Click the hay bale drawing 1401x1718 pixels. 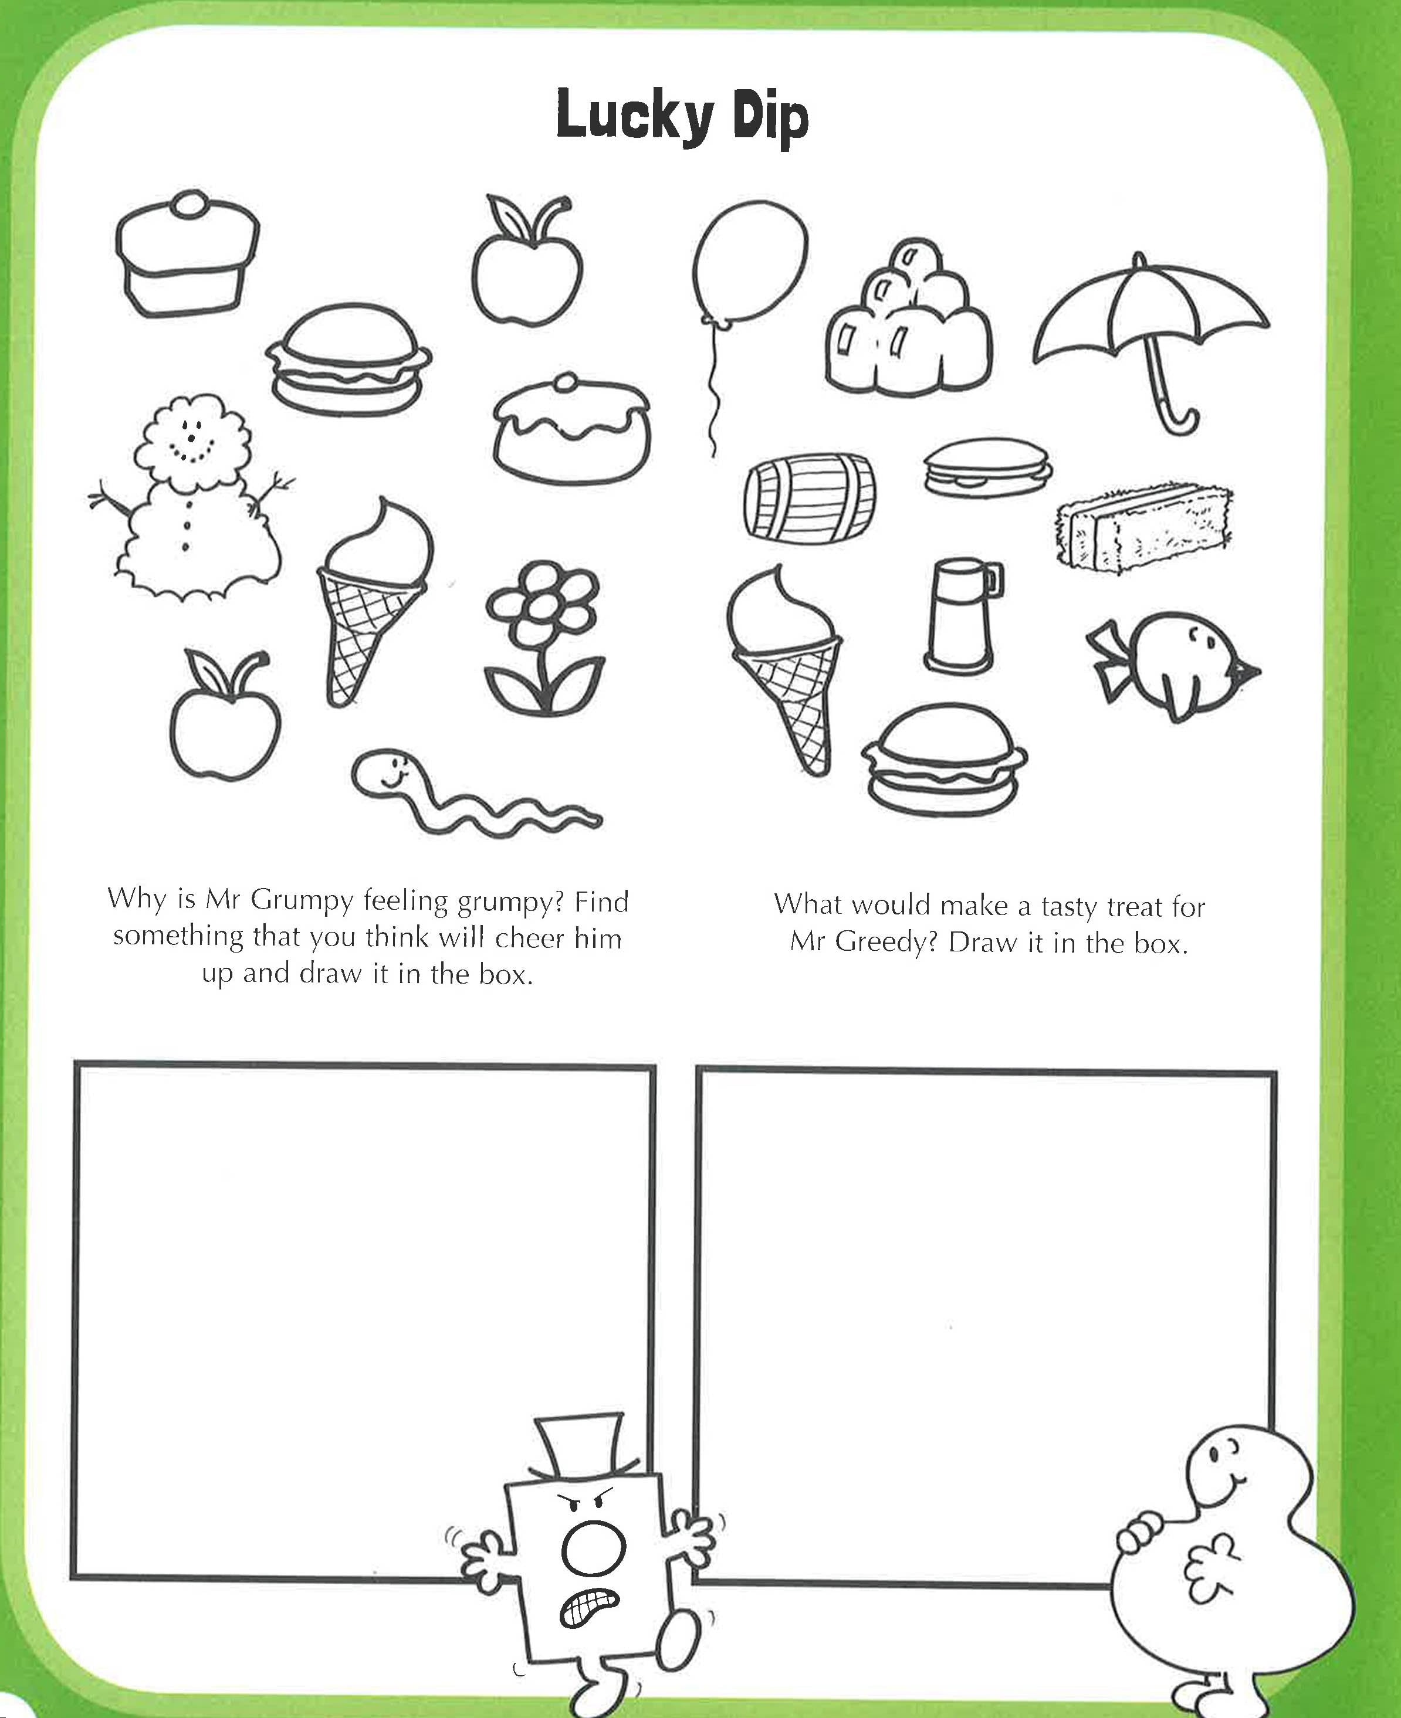tap(1143, 528)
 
